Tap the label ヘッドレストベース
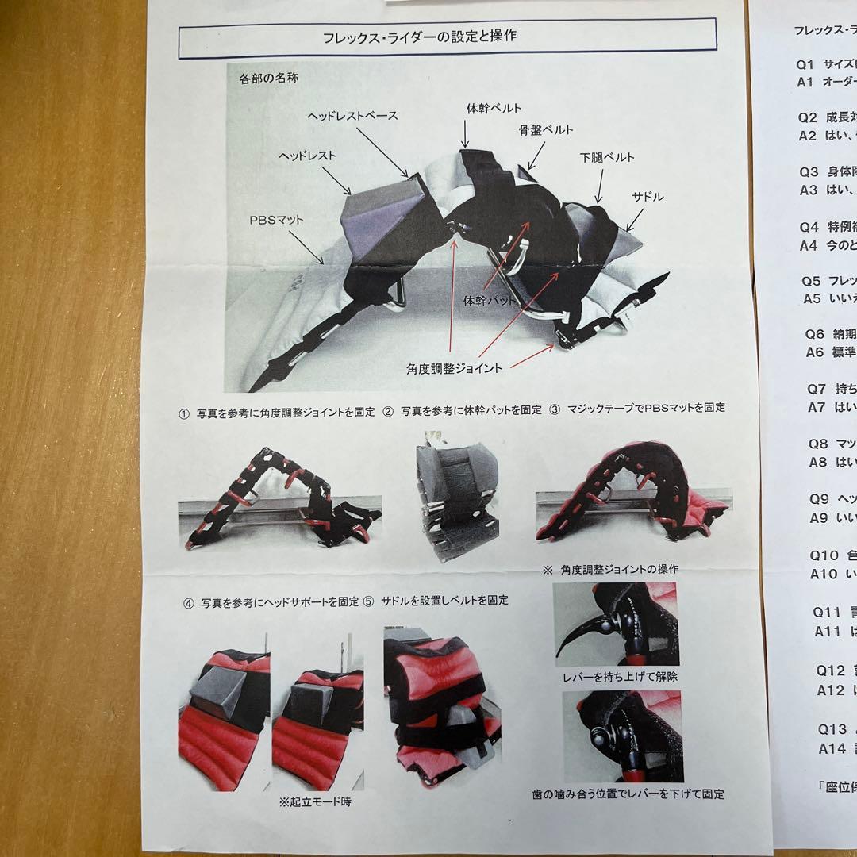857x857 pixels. point(352,116)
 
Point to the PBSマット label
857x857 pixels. point(276,218)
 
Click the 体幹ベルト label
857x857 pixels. point(494,108)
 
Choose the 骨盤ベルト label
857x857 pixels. point(546,130)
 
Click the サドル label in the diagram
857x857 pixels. point(647,196)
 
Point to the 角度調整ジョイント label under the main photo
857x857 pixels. point(454,367)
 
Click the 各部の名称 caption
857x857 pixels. point(268,79)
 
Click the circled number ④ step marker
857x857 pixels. point(188,601)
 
